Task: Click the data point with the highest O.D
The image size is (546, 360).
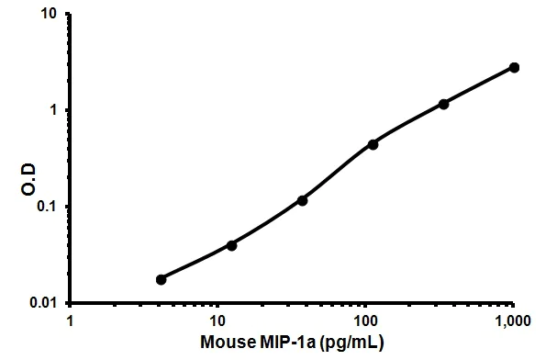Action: click(x=514, y=67)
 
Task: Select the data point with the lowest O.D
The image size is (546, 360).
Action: click(x=162, y=279)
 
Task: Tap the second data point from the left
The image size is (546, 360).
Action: click(x=231, y=245)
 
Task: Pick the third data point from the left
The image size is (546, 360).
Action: click(x=303, y=200)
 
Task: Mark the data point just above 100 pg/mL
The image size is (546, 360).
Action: click(x=373, y=144)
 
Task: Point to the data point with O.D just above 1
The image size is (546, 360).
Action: click(x=444, y=104)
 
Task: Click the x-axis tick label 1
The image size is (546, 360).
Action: click(x=71, y=322)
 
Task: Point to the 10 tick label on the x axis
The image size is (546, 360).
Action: click(x=217, y=322)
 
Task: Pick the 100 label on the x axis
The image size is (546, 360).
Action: click(x=365, y=322)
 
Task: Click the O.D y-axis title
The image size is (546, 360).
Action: click(x=17, y=158)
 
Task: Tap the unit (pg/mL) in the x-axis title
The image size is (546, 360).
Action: click(x=348, y=344)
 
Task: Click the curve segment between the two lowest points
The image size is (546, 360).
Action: click(x=196, y=263)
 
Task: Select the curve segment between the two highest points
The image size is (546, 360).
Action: click(x=479, y=85)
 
